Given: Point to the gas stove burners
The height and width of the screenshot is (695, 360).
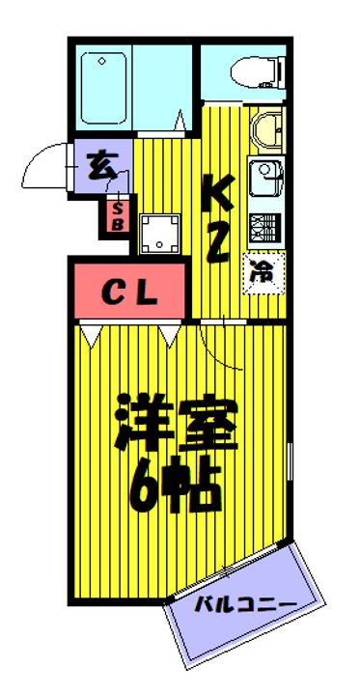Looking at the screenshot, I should click(263, 229).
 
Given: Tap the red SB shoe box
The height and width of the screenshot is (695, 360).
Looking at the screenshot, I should click(117, 216).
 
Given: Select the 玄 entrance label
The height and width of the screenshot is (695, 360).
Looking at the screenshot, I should click(100, 164).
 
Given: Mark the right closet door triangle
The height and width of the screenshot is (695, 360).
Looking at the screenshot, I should click(171, 334).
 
